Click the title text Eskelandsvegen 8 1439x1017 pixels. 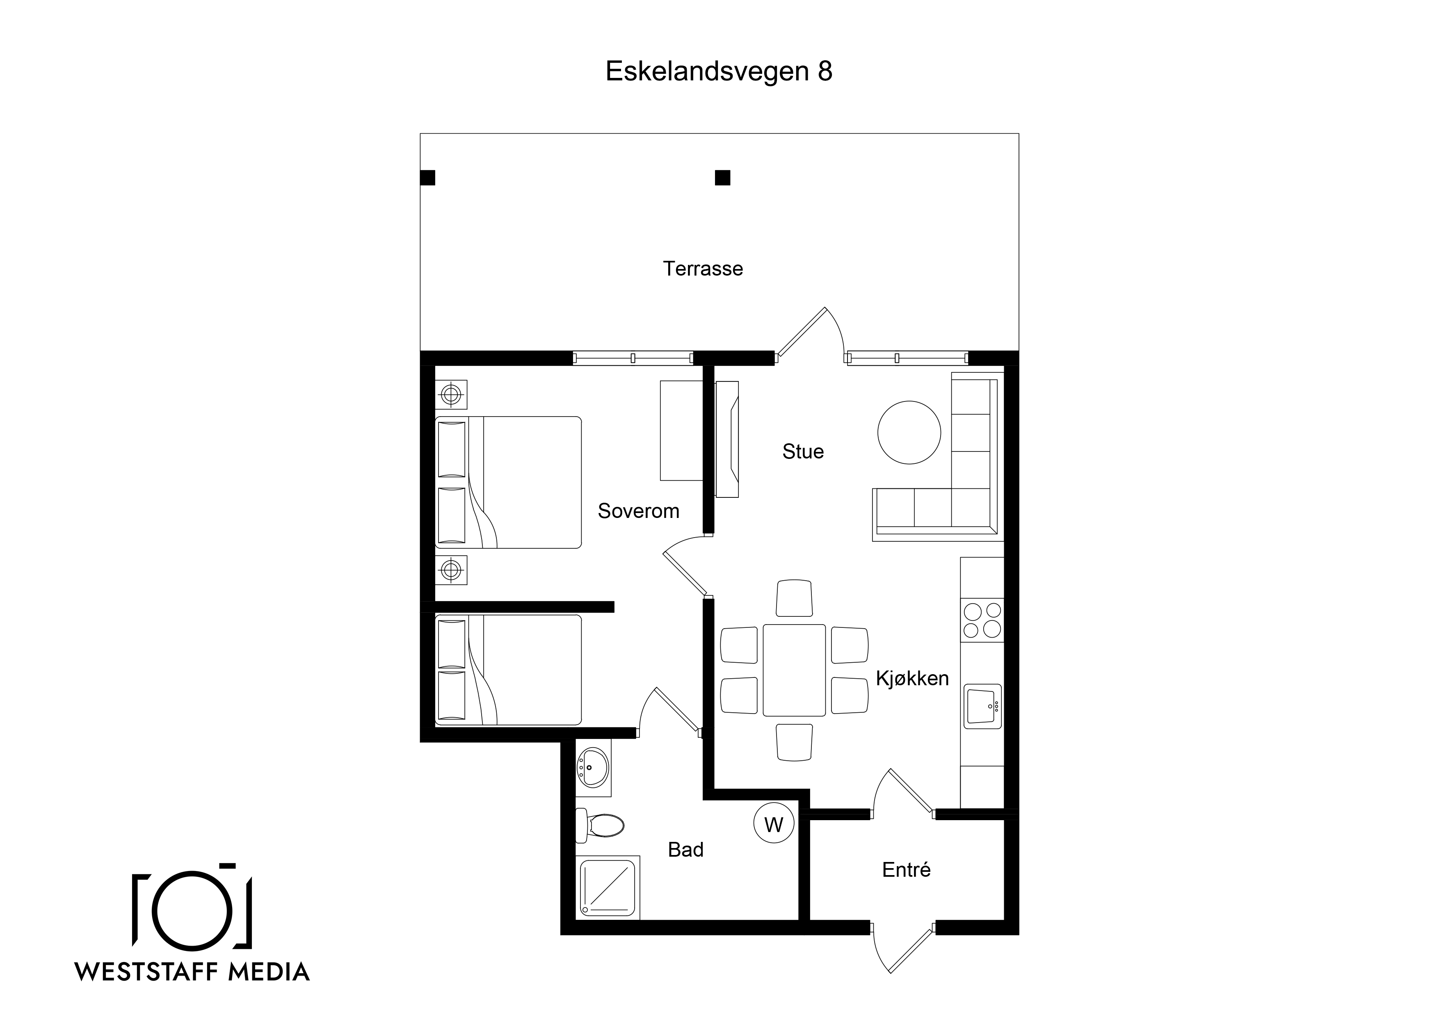719,71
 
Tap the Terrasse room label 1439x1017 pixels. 703,269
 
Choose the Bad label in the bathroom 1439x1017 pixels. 685,850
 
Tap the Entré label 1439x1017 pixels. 906,870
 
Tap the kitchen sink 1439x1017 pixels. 983,706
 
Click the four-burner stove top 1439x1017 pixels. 982,620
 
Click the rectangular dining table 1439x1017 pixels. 794,670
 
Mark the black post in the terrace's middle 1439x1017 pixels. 723,178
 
